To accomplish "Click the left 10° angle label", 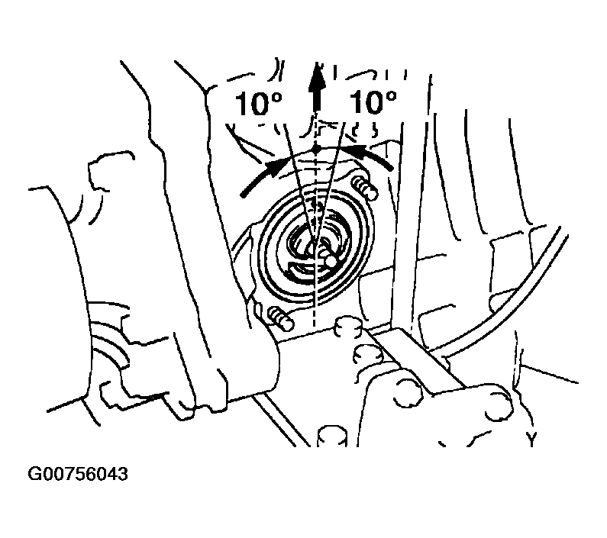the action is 259,103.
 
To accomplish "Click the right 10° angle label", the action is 373,102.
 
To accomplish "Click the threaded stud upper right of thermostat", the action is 365,186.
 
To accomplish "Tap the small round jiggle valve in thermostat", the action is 330,260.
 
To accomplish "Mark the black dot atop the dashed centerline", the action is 317,149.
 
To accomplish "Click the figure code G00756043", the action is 77,474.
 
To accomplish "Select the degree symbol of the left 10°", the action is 276,97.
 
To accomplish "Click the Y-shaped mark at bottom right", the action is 533,438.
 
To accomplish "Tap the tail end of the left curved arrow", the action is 242,195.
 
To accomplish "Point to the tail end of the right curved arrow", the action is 391,168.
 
